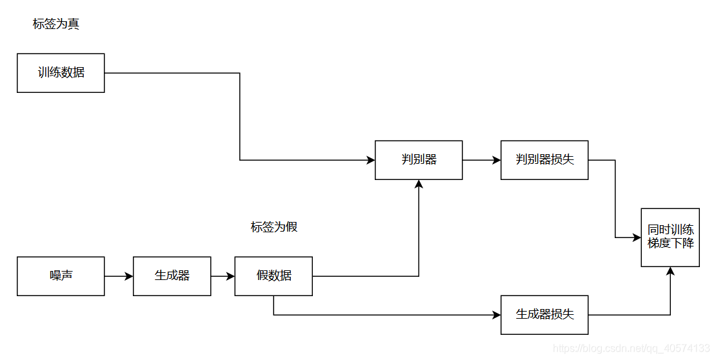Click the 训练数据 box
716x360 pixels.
click(61, 73)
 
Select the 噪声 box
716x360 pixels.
click(61, 276)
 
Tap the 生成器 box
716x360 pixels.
click(172, 276)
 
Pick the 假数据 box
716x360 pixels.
click(273, 276)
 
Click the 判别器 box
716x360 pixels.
click(419, 160)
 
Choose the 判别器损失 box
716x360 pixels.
click(544, 160)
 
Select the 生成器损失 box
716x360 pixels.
click(544, 315)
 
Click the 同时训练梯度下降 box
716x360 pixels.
click(670, 237)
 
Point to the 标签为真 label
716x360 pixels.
click(56, 25)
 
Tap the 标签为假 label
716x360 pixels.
click(274, 227)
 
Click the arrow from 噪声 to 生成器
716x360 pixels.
click(119, 276)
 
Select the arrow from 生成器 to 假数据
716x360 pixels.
click(223, 276)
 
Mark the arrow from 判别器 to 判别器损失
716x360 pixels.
click(481, 160)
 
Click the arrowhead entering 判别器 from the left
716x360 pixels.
click(371, 160)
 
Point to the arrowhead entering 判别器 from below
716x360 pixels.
click(419, 184)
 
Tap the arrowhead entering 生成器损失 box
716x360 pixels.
click(497, 315)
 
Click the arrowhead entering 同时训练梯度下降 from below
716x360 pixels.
click(670, 271)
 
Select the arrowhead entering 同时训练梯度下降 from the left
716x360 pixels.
click(637, 237)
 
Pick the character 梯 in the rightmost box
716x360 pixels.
click(653, 244)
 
